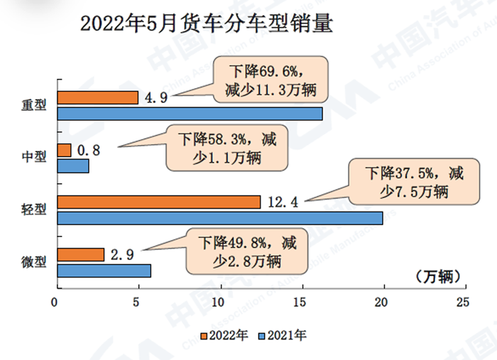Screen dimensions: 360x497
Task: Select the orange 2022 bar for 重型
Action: pos(97,97)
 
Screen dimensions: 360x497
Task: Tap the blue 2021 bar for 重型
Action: pos(190,114)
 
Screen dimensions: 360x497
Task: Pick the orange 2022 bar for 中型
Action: pos(64,150)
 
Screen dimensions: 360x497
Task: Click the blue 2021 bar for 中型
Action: pos(72,166)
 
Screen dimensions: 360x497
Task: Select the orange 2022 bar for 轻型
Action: pos(158,202)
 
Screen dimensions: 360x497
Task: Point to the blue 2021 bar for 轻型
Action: pos(219,219)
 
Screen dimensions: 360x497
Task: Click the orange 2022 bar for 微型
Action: pos(80,254)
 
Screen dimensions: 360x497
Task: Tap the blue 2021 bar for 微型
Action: pos(104,271)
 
